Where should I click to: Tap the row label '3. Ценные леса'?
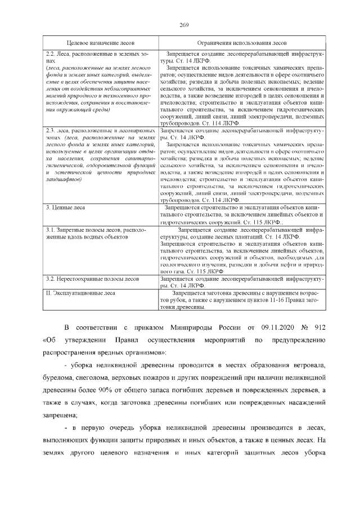[65, 208]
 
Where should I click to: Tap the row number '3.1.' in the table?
[51, 230]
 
